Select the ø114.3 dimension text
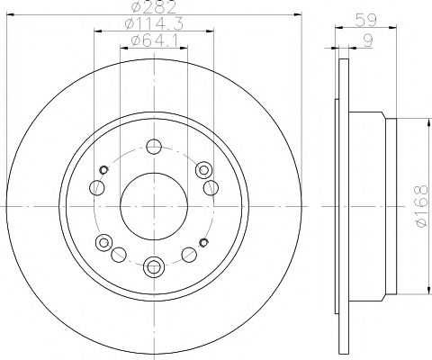[153, 24]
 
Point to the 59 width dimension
[366, 17]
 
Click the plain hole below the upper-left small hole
[95, 187]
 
